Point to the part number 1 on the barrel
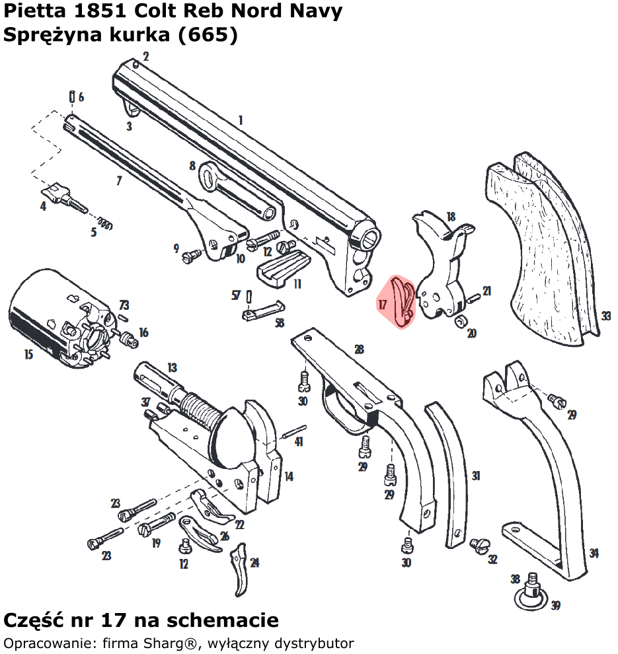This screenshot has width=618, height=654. [241, 120]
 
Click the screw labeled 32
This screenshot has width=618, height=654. [478, 546]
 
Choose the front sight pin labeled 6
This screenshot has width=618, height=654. [70, 96]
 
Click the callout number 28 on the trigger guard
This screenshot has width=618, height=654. [359, 349]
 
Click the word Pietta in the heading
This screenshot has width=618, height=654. [31, 11]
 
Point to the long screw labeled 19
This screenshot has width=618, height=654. [156, 526]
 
